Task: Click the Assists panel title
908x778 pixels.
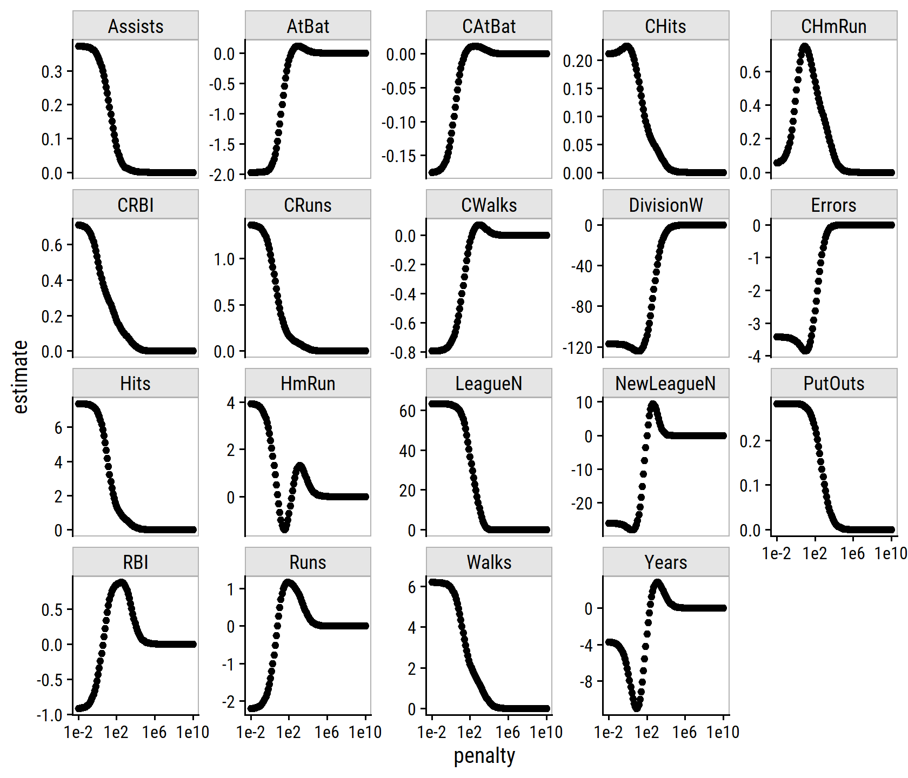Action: tap(136, 26)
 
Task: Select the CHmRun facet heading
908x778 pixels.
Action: tap(833, 26)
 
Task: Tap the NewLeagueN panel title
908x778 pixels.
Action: tap(665, 383)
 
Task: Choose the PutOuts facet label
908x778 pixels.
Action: tap(833, 383)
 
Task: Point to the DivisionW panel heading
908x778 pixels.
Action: tap(665, 205)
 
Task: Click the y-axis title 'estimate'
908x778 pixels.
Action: tap(20, 377)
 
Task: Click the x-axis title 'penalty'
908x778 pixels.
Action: tap(484, 756)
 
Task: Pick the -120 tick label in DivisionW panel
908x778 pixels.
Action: tap(577, 347)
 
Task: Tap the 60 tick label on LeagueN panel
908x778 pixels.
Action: tap(408, 411)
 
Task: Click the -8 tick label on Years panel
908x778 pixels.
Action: tap(586, 682)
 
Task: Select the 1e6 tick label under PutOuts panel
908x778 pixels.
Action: tap(852, 553)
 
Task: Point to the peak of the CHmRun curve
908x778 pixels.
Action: tap(805, 48)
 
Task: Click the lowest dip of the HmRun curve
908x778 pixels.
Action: tap(284, 528)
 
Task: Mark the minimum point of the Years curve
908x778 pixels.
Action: tap(637, 706)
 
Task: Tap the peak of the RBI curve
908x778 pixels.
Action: tap(122, 584)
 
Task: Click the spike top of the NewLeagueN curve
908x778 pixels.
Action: tap(653, 405)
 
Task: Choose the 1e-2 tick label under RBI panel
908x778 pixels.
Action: tap(78, 732)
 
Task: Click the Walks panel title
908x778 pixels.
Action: tap(489, 562)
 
